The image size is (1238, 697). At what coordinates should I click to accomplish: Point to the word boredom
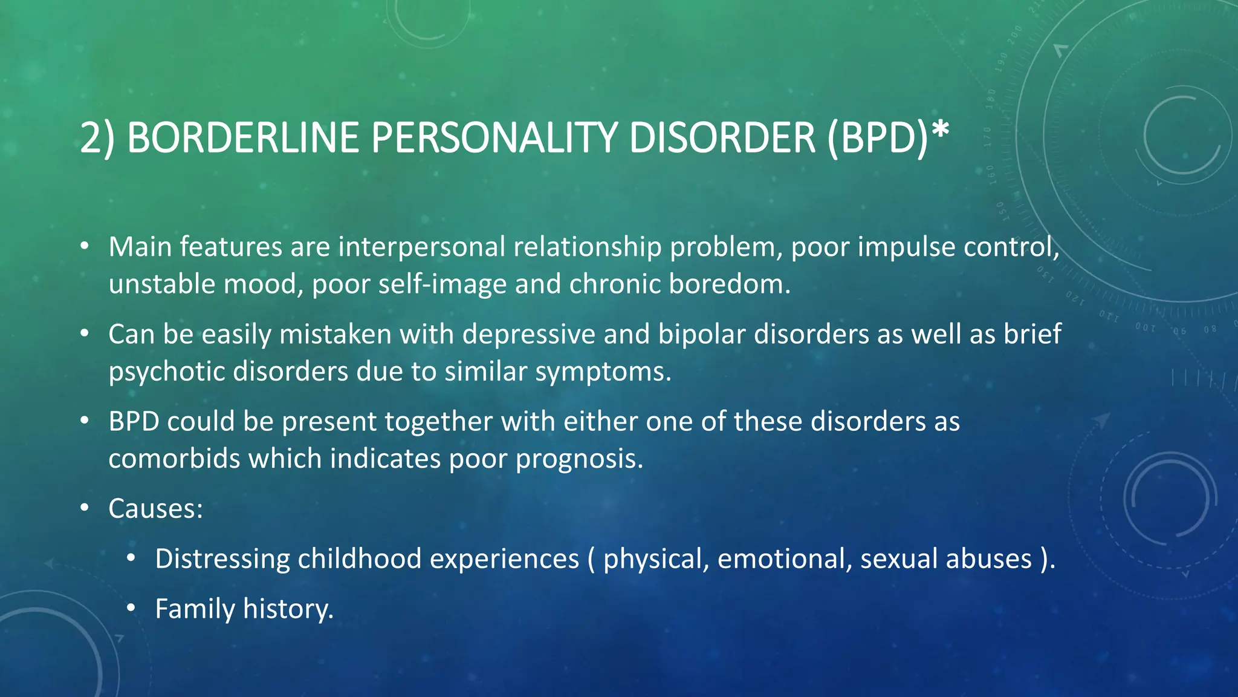coord(729,284)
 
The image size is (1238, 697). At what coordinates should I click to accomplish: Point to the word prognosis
coord(579,459)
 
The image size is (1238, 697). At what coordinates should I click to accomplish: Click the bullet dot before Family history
coord(131,608)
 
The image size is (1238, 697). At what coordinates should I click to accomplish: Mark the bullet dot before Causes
coord(85,508)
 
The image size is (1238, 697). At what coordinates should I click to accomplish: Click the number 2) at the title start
coord(97,139)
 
